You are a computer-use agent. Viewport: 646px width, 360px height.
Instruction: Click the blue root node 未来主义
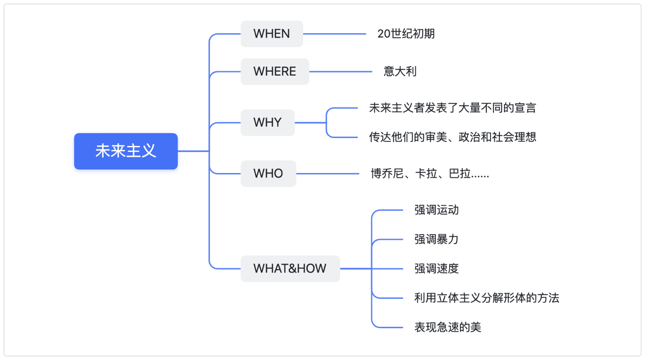(126, 151)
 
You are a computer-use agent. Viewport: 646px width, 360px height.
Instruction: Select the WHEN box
(272, 34)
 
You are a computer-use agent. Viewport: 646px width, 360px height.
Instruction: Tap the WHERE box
(275, 72)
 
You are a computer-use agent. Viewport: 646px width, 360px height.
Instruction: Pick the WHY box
(267, 122)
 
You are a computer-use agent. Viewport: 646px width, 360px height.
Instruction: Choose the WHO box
(268, 173)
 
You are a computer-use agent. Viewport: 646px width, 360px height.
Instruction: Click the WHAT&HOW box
(290, 269)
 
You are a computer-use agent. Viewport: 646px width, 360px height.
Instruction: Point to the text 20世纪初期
(406, 34)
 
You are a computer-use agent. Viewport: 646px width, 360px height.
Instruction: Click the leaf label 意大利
(400, 72)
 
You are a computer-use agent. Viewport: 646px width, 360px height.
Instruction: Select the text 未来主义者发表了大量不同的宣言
(452, 108)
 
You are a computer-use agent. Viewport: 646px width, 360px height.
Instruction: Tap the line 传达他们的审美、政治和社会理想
(452, 137)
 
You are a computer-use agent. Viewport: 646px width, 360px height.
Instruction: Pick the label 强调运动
(436, 210)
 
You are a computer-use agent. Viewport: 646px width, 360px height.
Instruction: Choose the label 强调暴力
(436, 239)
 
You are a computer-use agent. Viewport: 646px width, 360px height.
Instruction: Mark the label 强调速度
(436, 269)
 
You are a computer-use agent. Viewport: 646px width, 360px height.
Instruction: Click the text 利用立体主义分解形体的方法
(487, 298)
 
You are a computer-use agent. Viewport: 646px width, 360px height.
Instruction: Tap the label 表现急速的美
(448, 327)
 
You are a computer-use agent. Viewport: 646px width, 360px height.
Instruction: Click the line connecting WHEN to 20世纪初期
(334, 34)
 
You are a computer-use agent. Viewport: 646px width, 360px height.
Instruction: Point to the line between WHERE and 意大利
(340, 72)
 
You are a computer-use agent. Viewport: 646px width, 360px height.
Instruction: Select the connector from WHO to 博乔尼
(328, 173)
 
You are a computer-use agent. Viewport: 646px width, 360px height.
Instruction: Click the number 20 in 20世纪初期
(384, 34)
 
